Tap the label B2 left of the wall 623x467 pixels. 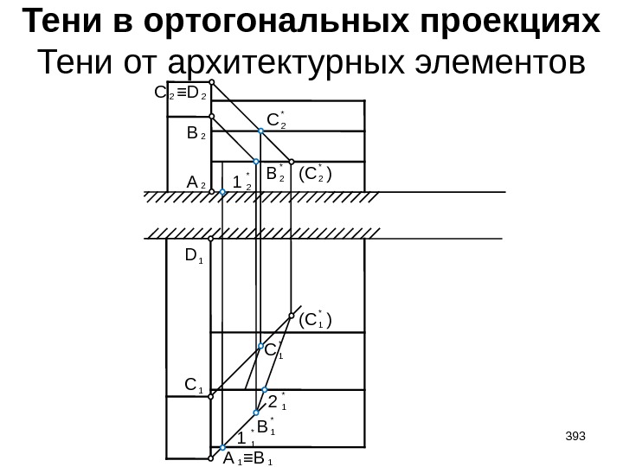pyautogui.click(x=196, y=135)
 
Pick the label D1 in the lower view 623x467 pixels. pyautogui.click(x=192, y=255)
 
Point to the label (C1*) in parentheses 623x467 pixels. pyautogui.click(x=315, y=322)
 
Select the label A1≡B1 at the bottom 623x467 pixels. pyautogui.click(x=247, y=459)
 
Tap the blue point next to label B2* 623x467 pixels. pyautogui.click(x=257, y=162)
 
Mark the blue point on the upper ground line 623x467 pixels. pyautogui.click(x=222, y=196)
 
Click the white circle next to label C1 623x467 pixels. pyautogui.click(x=211, y=389)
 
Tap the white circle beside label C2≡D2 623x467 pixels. pyautogui.click(x=211, y=84)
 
